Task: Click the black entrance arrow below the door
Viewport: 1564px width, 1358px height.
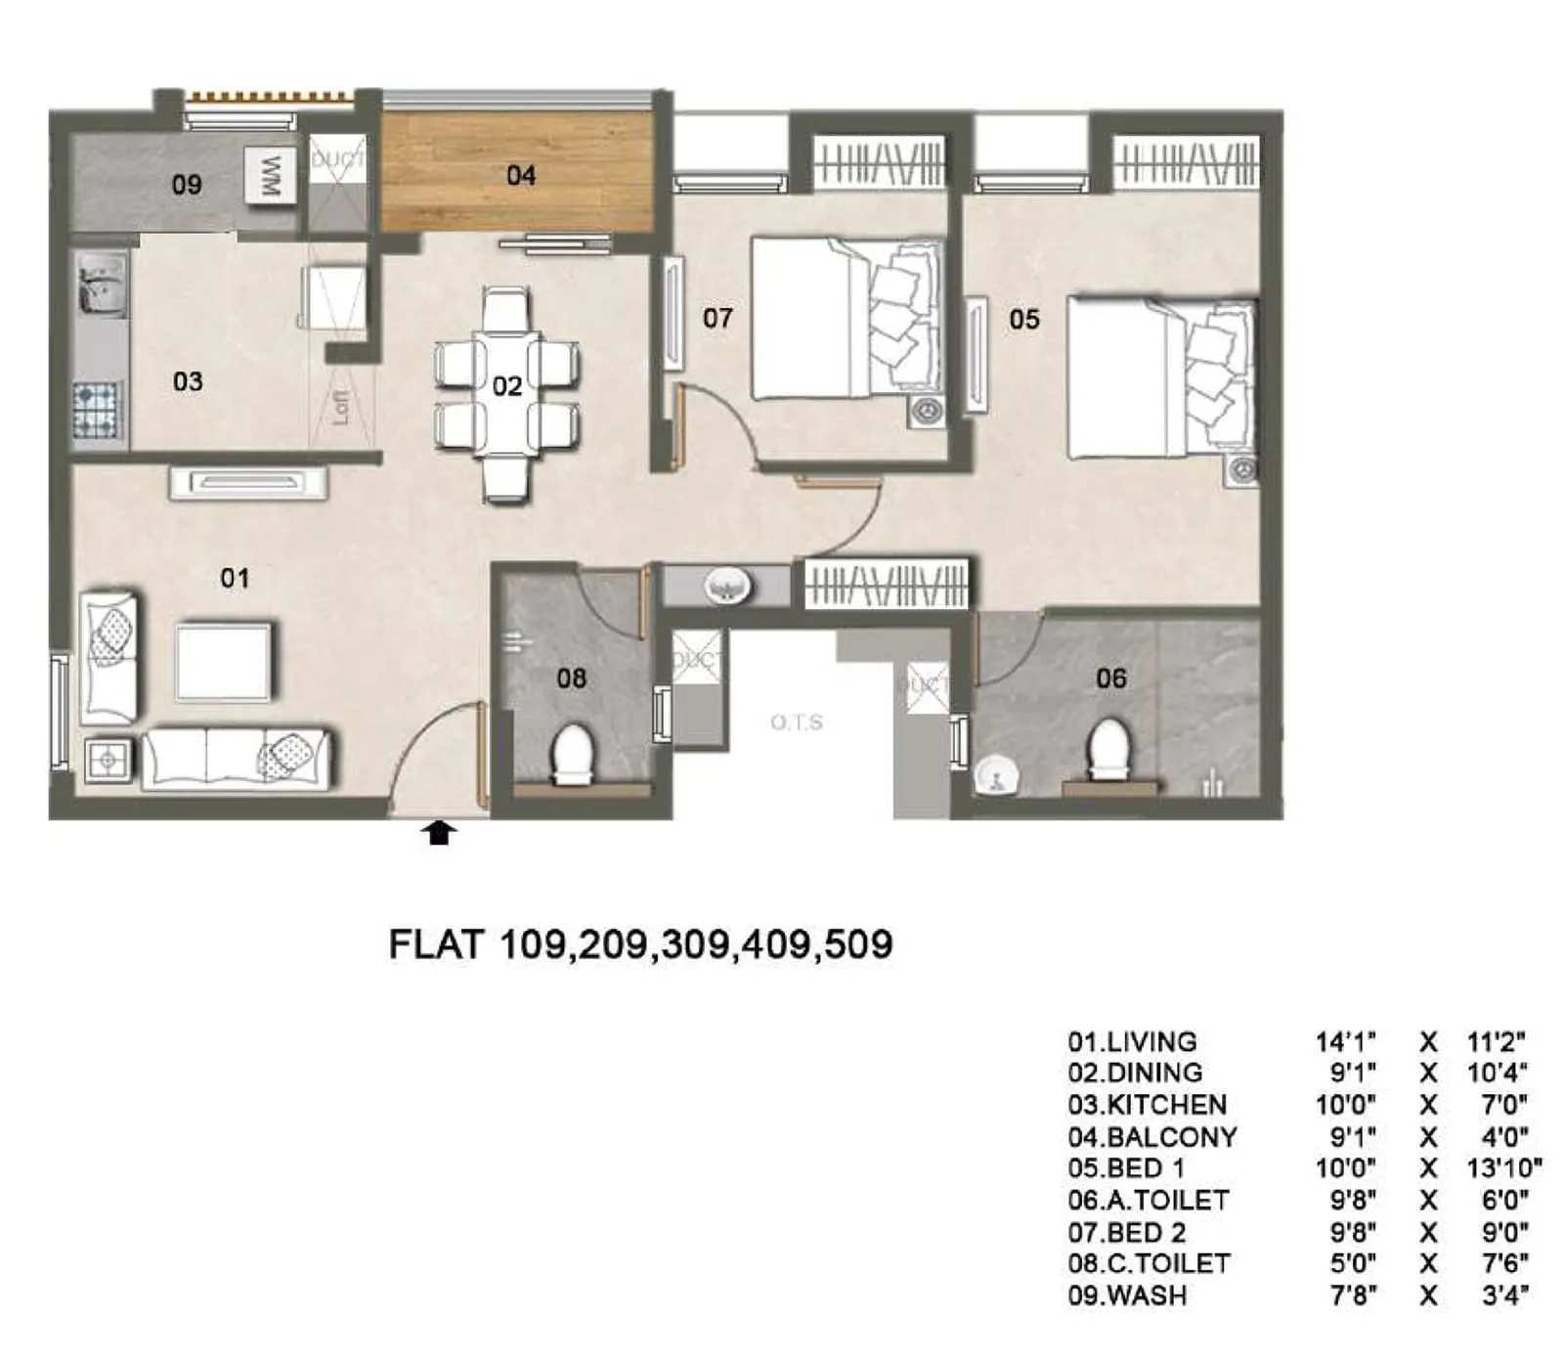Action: pos(440,832)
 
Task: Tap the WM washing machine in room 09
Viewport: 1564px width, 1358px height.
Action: pos(269,176)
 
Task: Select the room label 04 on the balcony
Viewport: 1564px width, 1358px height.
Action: pos(521,175)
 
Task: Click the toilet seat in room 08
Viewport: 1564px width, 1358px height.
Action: pos(573,754)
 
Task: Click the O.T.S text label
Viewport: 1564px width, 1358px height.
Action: pos(796,723)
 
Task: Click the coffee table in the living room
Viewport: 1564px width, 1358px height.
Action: pos(223,662)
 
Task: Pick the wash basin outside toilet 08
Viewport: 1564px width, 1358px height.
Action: pos(726,587)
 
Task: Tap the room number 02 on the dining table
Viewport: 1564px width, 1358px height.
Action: pos(506,386)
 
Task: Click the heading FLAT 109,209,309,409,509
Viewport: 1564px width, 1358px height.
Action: pos(640,944)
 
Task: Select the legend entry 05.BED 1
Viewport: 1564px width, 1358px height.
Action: pos(1125,1168)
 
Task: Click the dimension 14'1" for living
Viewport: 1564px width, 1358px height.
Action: pos(1345,1041)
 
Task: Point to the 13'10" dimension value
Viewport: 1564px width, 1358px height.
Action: pos(1503,1168)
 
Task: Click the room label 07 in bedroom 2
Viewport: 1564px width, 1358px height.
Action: pos(717,318)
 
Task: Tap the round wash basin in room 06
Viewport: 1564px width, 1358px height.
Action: pos(996,775)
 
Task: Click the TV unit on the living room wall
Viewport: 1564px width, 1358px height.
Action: pos(247,482)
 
